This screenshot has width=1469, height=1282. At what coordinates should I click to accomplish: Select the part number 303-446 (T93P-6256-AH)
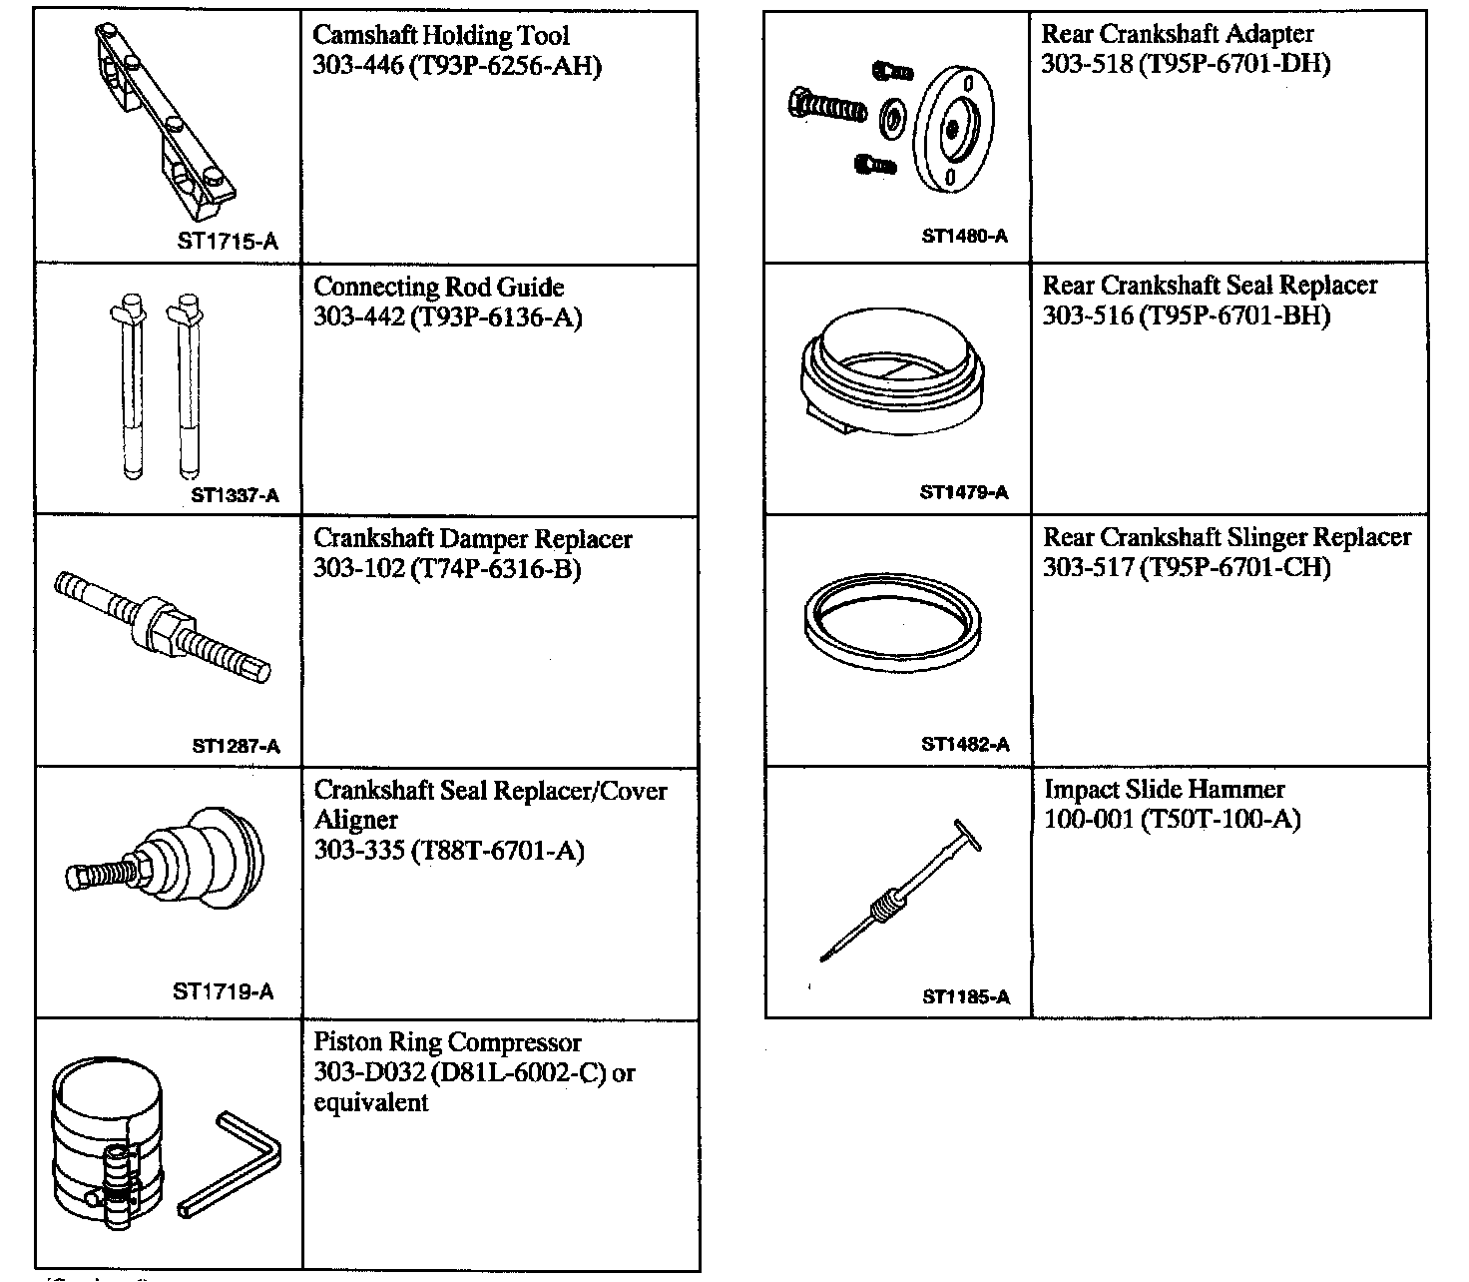458,66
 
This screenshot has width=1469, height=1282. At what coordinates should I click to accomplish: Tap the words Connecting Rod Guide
439,288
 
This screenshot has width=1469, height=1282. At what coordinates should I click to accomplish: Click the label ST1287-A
236,746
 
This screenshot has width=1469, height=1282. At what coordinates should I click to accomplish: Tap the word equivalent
371,1103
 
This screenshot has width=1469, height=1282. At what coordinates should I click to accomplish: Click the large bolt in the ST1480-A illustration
826,106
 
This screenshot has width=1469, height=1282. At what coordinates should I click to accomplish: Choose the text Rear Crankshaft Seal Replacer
1210,286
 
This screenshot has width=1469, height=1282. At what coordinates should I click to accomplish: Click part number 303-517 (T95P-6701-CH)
1187,568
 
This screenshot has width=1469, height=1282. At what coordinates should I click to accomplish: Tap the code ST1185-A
966,996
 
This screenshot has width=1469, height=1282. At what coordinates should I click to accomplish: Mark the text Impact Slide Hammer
1165,790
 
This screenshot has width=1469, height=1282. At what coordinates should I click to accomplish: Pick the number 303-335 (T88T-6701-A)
449,851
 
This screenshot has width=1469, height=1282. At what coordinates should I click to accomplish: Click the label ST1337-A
236,495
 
